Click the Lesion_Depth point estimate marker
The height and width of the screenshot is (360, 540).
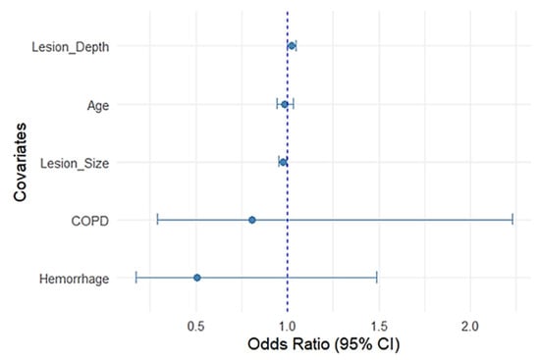[x=292, y=46]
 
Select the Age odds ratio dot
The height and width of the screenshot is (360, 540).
[x=285, y=104]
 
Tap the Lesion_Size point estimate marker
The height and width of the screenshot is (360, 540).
[x=283, y=162]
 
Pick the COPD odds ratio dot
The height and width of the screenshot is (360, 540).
[x=252, y=220]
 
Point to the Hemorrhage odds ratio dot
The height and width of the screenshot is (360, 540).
[x=197, y=278]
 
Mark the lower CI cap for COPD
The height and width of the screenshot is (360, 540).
[x=157, y=220]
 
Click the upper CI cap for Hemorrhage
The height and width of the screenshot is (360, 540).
[x=376, y=278]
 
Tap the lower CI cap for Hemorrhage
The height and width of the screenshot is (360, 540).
[x=136, y=278]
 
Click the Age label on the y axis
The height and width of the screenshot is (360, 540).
[x=96, y=104]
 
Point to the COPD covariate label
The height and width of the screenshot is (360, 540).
[x=89, y=220]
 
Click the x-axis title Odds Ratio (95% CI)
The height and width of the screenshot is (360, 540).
[x=325, y=345]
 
